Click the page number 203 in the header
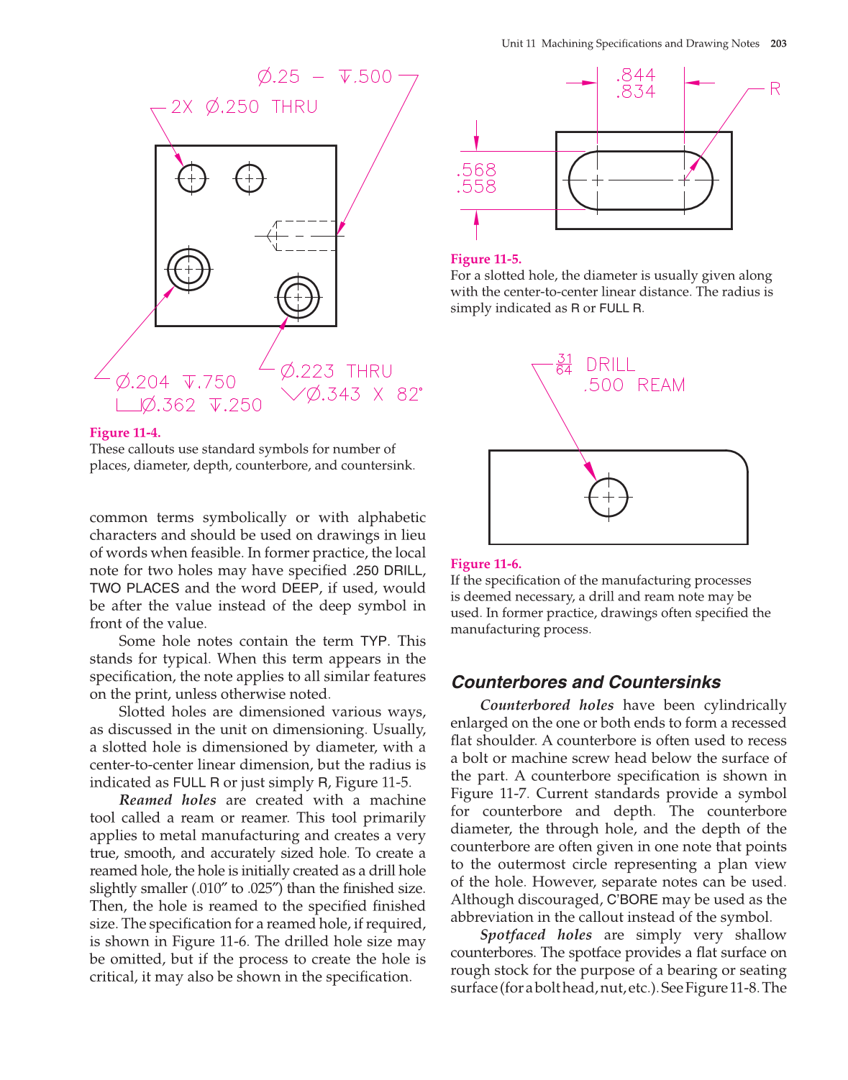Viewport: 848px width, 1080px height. tap(778, 44)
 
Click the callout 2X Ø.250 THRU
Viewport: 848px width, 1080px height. tap(244, 107)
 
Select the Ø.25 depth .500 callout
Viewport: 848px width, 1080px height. tap(325, 77)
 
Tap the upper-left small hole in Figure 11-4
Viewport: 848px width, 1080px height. tap(192, 178)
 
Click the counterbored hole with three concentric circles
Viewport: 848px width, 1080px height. tap(188, 270)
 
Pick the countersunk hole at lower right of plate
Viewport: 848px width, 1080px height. tap(298, 297)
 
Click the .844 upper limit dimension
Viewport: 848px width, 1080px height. tap(636, 75)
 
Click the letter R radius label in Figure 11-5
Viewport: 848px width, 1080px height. tap(775, 89)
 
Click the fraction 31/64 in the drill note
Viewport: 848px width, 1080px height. tap(564, 364)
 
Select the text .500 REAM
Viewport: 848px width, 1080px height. tap(634, 385)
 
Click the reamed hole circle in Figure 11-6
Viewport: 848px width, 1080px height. tap(608, 497)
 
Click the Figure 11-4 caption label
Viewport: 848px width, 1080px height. tap(125, 433)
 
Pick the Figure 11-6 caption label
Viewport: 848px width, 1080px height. tap(485, 564)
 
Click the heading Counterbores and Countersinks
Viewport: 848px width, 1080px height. tap(585, 682)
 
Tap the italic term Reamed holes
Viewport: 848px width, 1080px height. tap(168, 800)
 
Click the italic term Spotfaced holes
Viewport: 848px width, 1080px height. tap(536, 935)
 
